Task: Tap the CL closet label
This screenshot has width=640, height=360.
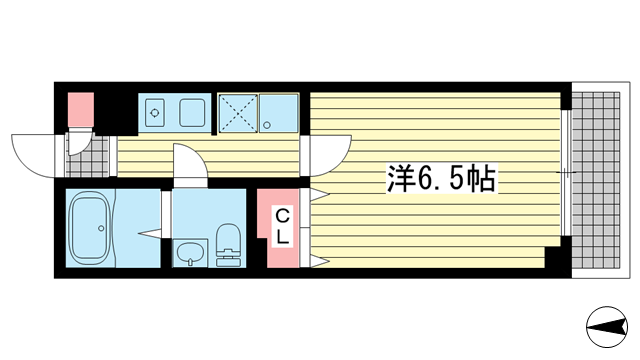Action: point(283,226)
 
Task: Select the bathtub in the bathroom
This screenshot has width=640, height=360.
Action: point(95,229)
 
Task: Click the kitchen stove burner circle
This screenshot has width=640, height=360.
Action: point(154,113)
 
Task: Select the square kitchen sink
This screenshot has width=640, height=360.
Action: point(192,112)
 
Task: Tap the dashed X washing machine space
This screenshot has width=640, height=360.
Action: point(238,112)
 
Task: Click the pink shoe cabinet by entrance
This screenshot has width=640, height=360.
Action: point(80,107)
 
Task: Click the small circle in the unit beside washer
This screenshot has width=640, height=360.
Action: point(268,124)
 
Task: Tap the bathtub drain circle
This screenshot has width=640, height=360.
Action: point(100,230)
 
